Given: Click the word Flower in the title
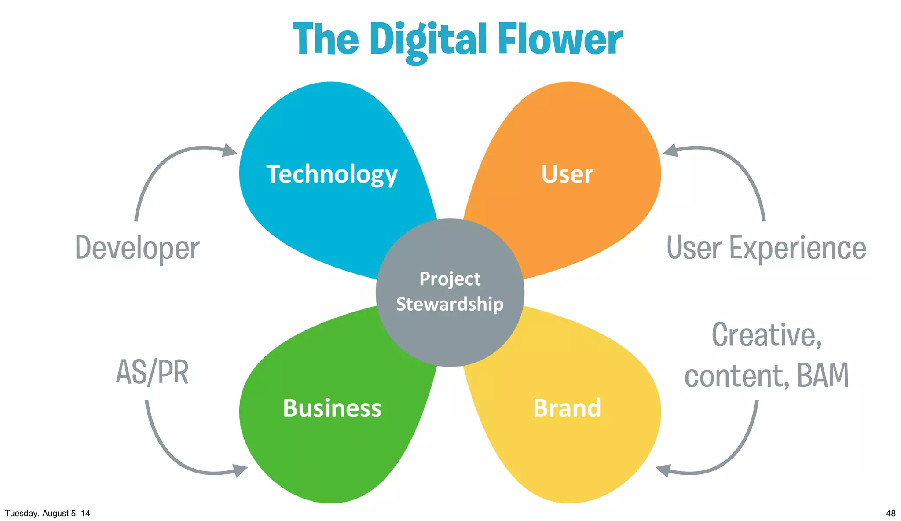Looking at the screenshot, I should pos(560,40).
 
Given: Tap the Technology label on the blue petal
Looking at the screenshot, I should pos(332,174).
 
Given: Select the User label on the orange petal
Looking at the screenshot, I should pos(567,174).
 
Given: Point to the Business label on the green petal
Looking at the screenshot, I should pos(332,408).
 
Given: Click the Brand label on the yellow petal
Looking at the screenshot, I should pos(567,408).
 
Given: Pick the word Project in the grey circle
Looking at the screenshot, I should pos(450,279).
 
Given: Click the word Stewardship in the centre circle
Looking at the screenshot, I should pos(450,304).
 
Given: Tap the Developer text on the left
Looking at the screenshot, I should pos(137,248).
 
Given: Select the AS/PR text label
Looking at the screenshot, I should pos(152,372).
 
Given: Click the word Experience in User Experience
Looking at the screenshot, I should pos(798,248).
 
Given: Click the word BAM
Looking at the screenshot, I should pos(823,375).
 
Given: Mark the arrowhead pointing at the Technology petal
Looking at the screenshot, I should pos(230,150).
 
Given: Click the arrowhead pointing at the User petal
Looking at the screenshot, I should pos(670,150).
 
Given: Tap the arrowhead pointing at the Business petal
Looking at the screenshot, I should pos(240,470).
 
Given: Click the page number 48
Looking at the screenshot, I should pos(890,513).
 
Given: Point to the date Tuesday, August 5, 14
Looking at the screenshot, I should pos(48,513).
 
